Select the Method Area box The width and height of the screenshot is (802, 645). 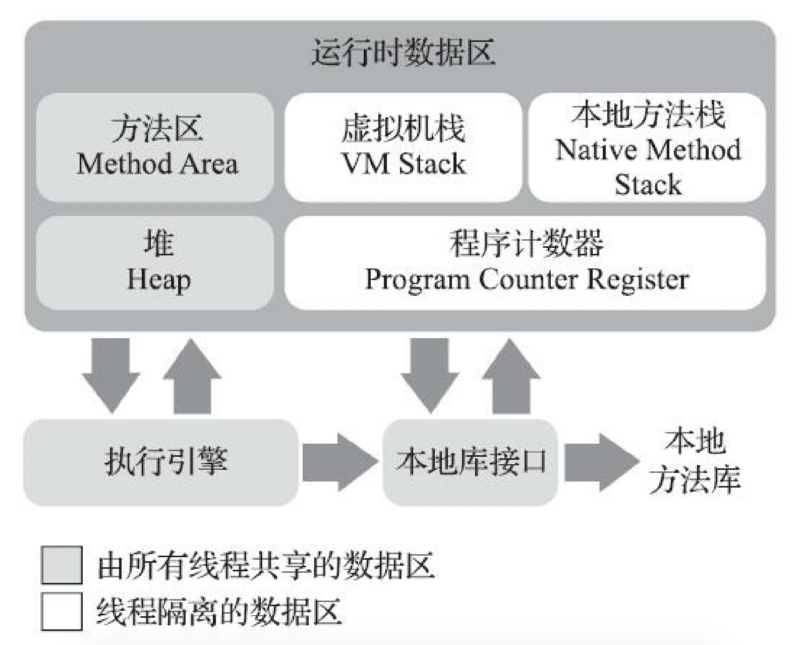[x=156, y=147]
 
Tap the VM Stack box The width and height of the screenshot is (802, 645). [x=403, y=147]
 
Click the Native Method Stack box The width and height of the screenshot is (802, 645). [x=647, y=147]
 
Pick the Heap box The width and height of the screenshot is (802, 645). [x=156, y=263]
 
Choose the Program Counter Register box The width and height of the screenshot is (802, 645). [x=526, y=263]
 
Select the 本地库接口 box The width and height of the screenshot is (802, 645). [x=470, y=461]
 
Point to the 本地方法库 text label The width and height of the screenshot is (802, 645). [x=695, y=460]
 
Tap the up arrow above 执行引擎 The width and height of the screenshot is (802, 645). [x=192, y=376]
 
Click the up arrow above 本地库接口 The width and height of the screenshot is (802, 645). [x=511, y=376]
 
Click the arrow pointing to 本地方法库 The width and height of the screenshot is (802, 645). [x=600, y=461]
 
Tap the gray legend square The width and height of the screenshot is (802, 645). [x=62, y=565]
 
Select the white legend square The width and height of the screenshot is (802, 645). [x=62, y=611]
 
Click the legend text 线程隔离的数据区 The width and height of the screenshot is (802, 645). [x=219, y=611]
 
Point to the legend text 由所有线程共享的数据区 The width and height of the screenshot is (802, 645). [x=265, y=565]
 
